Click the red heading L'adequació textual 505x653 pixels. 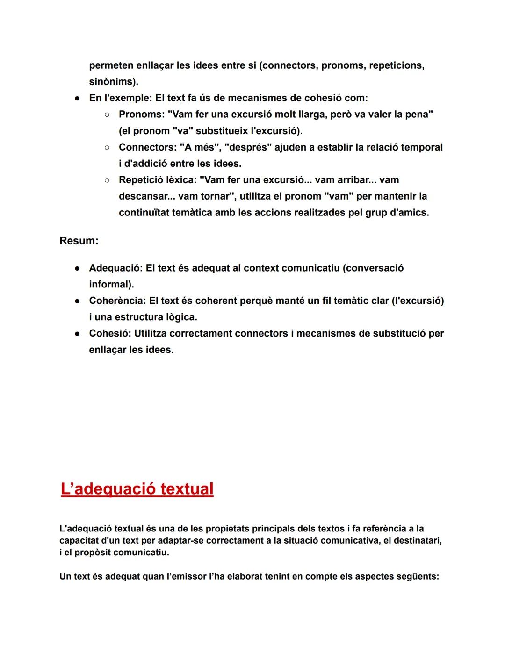pos(137,489)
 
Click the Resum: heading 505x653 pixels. pos(79,241)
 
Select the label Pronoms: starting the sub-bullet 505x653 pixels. pos(141,115)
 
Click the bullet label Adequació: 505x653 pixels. pos(115,268)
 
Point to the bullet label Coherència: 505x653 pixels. pos(117,301)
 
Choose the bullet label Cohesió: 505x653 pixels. pos(110,333)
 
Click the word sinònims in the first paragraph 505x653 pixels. pos(112,82)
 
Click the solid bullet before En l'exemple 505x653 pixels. pos(77,99)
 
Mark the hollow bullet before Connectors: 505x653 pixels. pos(107,147)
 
